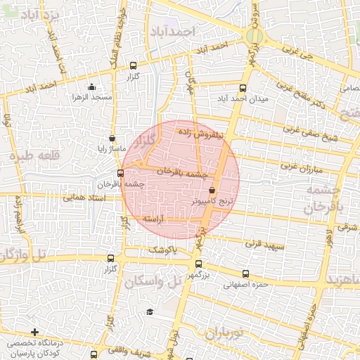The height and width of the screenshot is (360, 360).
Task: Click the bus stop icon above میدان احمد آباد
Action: (x=243, y=89)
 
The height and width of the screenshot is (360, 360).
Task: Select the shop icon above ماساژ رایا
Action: (x=112, y=139)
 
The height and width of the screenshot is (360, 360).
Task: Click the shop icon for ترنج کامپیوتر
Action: (x=212, y=191)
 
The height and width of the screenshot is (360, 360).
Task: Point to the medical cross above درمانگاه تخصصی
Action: (x=34, y=331)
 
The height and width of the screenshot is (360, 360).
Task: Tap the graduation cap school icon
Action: (x=149, y=311)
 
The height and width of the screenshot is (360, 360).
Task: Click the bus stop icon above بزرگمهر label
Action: (x=198, y=264)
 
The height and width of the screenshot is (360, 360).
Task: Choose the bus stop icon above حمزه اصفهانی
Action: (x=245, y=274)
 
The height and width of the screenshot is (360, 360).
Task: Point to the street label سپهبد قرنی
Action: (x=262, y=245)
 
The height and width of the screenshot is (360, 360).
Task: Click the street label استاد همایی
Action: (x=82, y=198)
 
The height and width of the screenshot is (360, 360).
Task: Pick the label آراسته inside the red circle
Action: (x=153, y=219)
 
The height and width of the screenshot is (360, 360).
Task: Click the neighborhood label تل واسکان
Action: (x=153, y=281)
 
